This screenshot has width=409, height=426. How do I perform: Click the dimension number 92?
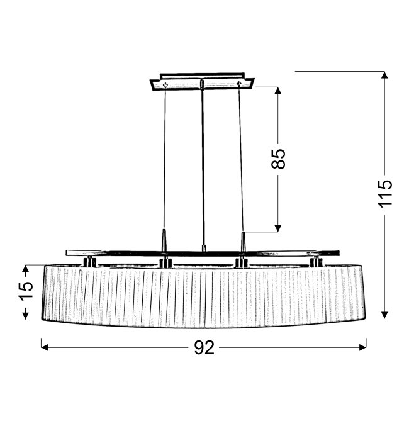(x=204, y=347)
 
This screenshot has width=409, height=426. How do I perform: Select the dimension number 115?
(x=386, y=193)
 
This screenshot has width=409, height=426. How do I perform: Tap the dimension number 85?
(x=279, y=159)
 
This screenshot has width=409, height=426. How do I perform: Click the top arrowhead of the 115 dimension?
(x=384, y=75)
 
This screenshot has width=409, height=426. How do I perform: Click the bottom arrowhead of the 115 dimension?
(x=384, y=315)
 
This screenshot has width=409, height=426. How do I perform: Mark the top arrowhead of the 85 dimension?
(x=277, y=90)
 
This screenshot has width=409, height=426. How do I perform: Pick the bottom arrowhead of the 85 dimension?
(x=277, y=228)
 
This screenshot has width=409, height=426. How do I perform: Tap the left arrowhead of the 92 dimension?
(x=45, y=347)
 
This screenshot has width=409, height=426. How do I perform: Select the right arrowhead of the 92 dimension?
(x=363, y=347)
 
